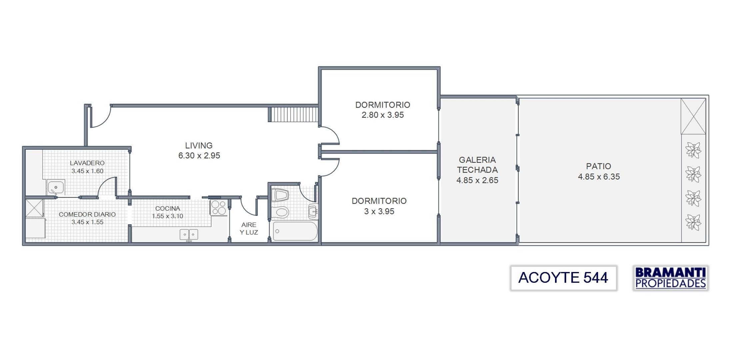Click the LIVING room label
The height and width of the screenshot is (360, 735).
tap(199, 146)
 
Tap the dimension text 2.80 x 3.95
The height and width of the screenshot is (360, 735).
tap(382, 115)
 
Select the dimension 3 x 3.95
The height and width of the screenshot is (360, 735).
tap(379, 211)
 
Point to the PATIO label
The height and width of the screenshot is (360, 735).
tap(598, 166)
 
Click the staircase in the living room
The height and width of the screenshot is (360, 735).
tap(293, 114)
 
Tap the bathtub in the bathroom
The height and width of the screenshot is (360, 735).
tap(295, 231)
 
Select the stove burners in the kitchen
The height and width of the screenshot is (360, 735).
tap(218, 207)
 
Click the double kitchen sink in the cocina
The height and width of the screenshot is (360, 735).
tap(189, 234)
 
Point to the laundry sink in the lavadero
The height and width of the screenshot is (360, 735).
tap(56, 188)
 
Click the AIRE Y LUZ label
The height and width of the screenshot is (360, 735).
tap(249, 229)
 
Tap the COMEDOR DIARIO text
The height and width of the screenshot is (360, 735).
tap(87, 214)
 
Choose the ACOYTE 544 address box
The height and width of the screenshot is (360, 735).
tap(563, 278)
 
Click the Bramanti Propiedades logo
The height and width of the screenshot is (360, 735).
tap(670, 278)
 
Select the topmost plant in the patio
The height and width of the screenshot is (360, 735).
tap(693, 150)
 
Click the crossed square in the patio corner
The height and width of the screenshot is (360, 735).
tap(693, 116)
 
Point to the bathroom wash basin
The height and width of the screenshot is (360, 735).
tap(313, 211)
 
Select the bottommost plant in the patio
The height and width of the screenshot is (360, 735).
tap(693, 222)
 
